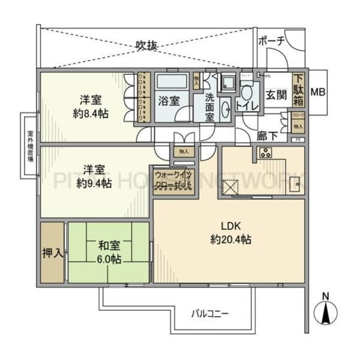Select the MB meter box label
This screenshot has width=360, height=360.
tap(317, 93)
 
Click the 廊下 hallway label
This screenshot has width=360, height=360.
tap(266, 136)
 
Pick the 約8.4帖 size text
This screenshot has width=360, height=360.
tap(91, 113)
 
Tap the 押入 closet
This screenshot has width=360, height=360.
tap(52, 253)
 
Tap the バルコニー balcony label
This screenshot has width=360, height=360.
tap(211, 313)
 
